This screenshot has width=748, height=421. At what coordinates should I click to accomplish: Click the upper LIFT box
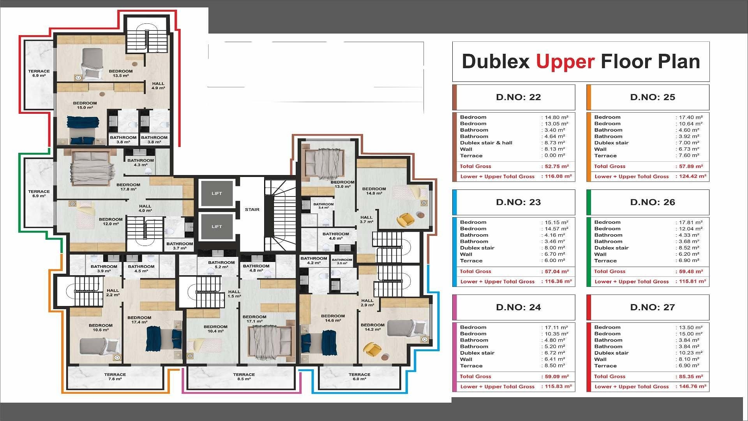pos(217,193)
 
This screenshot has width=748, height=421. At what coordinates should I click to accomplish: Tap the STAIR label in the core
pos(252,210)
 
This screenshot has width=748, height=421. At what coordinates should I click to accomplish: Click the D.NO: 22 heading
pos(519,97)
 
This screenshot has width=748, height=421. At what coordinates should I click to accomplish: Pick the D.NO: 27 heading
pos(653,307)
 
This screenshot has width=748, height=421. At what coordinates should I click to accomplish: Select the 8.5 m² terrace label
pos(244,377)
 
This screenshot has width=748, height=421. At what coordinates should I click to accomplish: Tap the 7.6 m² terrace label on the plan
pos(115,377)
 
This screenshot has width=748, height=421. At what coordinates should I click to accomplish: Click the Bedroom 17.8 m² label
pos(128,187)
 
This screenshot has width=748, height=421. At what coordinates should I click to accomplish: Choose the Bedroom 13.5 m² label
pos(121,73)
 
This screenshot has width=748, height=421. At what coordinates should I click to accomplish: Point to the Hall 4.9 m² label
pos(158,86)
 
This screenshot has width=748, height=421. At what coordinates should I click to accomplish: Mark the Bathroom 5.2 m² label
pos(221,265)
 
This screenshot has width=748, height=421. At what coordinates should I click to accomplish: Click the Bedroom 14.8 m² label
pos(374,191)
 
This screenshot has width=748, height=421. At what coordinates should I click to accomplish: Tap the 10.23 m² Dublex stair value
pos(690,353)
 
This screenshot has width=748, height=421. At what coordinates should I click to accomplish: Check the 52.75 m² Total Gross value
pos(556,166)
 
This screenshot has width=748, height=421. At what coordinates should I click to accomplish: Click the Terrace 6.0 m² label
pos(359,377)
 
